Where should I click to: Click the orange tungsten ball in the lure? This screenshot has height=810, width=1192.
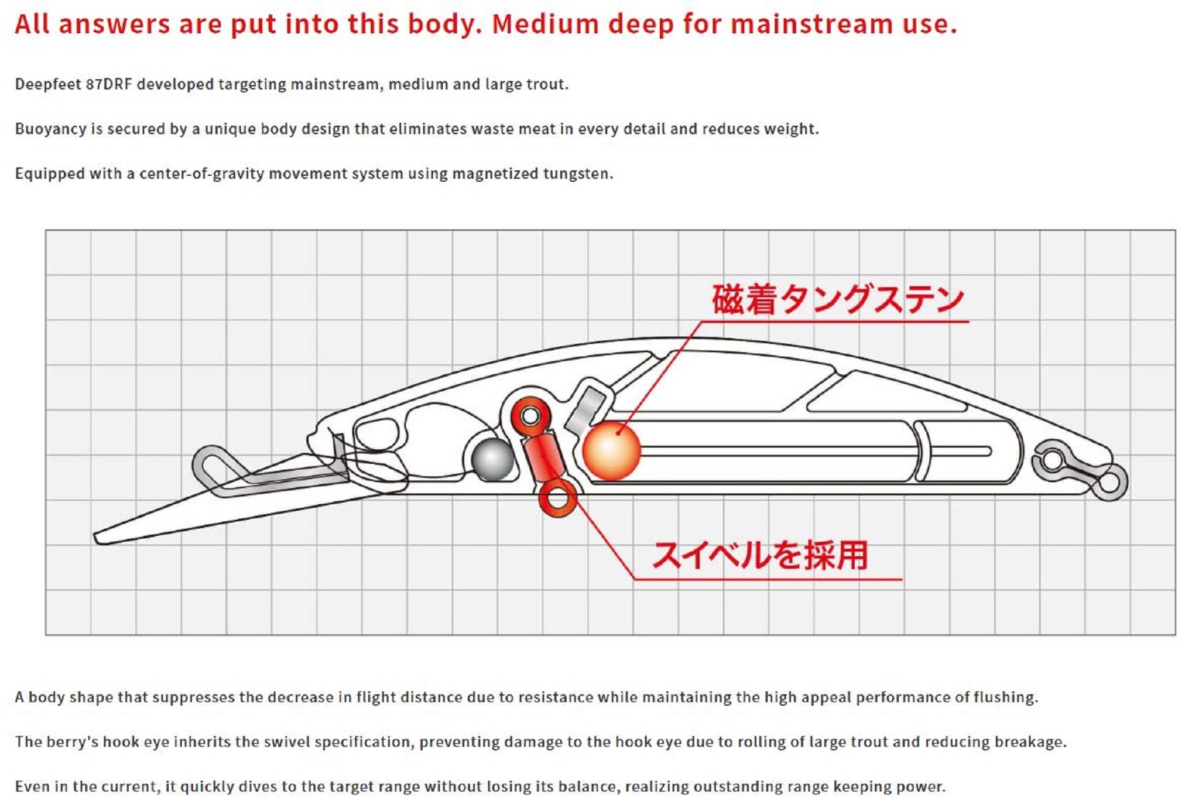click(x=611, y=451)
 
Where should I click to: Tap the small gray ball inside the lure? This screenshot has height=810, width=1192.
click(x=492, y=460)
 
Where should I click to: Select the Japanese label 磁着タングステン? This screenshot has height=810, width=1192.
click(x=837, y=299)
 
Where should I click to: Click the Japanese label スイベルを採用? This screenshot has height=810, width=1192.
click(x=760, y=555)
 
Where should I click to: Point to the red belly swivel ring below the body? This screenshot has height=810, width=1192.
click(x=558, y=498)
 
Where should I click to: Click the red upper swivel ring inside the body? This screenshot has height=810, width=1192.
click(x=530, y=415)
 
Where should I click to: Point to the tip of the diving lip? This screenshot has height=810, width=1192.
click(x=98, y=538)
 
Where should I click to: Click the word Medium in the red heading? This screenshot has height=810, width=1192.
click(x=545, y=24)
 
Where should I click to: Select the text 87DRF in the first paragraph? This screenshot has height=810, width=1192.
click(x=108, y=84)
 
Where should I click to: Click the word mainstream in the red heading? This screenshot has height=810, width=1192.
click(x=811, y=24)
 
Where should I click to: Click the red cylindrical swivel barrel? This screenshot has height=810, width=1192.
click(x=544, y=456)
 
